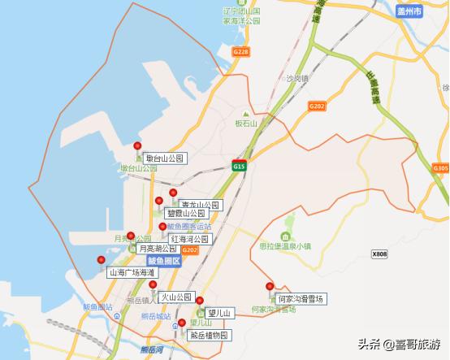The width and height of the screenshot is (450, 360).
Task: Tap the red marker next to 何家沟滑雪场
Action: click(x=270, y=286)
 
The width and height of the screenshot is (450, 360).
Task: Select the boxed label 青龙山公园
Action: click(x=199, y=205)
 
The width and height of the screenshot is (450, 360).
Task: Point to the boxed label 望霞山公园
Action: click(x=186, y=213)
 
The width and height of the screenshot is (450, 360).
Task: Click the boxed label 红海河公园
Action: click(x=189, y=239)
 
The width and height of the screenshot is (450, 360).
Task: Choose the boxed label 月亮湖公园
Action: click(x=158, y=248)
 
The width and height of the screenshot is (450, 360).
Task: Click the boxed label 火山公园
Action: click(x=175, y=297)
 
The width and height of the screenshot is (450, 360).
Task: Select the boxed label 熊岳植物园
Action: click(x=210, y=335)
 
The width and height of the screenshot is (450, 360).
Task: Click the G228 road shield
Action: click(x=240, y=51)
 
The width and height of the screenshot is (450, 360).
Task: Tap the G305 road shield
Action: click(x=440, y=168)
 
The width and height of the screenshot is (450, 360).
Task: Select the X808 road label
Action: click(x=380, y=254)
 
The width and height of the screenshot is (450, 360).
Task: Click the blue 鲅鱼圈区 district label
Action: click(x=163, y=260)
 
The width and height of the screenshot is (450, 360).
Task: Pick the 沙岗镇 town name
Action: click(x=299, y=80)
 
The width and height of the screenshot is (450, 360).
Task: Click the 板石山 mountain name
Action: click(x=245, y=124)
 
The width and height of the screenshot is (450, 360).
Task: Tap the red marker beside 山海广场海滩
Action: click(x=102, y=260)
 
